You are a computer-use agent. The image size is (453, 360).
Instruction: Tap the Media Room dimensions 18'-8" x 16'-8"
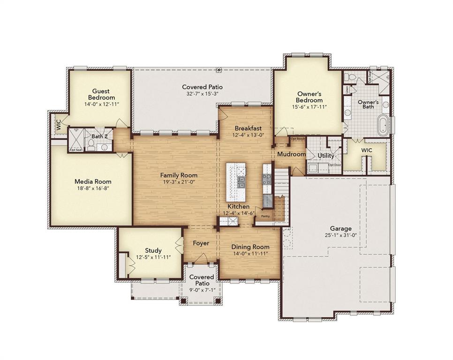tap(93, 189)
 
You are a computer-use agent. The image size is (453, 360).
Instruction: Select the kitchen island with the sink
tap(236, 182)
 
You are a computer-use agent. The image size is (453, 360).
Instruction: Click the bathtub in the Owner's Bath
tap(384, 126)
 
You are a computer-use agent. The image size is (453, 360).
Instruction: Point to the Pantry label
tap(265, 217)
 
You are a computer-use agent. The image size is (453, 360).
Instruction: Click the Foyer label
tap(201, 243)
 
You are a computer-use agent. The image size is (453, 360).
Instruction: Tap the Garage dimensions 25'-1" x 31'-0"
tap(340, 236)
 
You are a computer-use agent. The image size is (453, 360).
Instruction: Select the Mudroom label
tap(291, 154)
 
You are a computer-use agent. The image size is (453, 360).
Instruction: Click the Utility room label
tap(326, 156)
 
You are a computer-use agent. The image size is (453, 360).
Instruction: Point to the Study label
tap(153, 250)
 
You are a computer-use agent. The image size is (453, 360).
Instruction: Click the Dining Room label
tap(250, 247)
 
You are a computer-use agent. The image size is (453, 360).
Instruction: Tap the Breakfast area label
tap(248, 128)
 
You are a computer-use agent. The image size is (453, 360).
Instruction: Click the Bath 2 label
tap(99, 136)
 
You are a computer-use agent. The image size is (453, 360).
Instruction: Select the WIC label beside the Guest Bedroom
tap(59, 125)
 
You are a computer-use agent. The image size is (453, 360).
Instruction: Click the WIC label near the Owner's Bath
tap(366, 150)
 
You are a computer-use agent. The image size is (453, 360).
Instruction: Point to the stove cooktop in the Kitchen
tap(267, 179)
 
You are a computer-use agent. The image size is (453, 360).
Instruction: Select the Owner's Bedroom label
tap(309, 97)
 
